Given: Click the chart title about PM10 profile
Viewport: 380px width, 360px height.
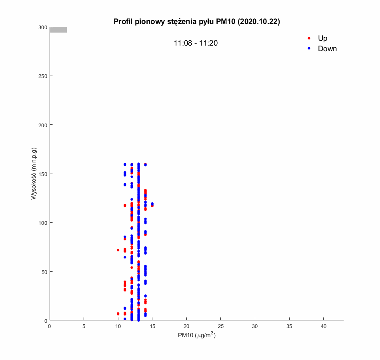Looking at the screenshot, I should [196, 22].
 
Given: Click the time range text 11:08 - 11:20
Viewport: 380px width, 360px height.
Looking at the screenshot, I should [196, 43].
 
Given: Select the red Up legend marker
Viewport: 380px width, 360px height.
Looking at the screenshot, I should [309, 38].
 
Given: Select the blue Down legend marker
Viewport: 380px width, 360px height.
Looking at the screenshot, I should [309, 48].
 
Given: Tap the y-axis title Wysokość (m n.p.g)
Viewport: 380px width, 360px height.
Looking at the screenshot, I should [34, 174].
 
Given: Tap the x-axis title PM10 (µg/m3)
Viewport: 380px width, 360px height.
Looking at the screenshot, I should [196, 335].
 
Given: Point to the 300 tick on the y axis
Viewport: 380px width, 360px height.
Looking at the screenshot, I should [43, 27].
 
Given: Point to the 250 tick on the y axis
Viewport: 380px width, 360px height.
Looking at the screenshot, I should [43, 76].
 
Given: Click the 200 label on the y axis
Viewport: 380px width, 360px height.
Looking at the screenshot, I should [43, 125].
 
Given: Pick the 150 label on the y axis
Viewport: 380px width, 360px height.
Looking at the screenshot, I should [43, 174].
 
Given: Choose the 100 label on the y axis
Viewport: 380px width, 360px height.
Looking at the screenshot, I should [43, 222].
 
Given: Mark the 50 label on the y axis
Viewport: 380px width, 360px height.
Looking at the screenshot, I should [44, 272].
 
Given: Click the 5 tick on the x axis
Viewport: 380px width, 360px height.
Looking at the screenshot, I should [84, 326].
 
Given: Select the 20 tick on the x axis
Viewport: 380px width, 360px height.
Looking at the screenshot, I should [186, 326].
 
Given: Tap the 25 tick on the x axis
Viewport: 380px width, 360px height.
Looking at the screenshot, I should [221, 326].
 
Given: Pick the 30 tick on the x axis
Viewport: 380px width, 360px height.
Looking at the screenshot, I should [255, 326].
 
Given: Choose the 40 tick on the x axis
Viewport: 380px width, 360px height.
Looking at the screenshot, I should [324, 326].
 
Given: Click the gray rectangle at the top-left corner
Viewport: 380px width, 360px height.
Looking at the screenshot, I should [58, 30].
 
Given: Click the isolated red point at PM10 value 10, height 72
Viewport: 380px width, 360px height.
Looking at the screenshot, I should [118, 250].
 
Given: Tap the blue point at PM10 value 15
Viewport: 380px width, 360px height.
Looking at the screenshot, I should [152, 204].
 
